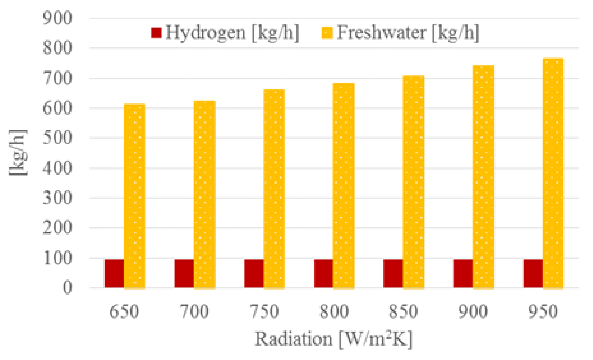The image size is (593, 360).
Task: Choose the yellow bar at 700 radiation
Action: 205,194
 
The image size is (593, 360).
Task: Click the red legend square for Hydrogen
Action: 156,33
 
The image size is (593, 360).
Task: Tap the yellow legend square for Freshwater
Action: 327,33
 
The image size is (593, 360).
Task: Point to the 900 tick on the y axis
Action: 57,18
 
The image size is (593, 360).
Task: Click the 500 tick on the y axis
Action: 57,138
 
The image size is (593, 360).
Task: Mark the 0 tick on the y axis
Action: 67,288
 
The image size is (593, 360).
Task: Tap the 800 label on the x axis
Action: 334,312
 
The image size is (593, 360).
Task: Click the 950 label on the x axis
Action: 543,312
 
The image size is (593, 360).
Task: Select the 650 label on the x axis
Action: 124,312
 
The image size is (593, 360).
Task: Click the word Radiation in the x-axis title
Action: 293,339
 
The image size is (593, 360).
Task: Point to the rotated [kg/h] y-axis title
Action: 18,153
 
